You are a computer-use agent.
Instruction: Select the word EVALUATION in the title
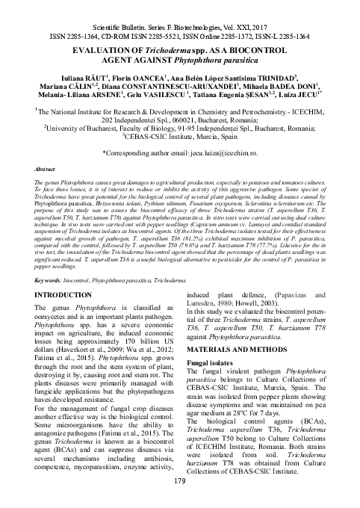click(98, 48)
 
